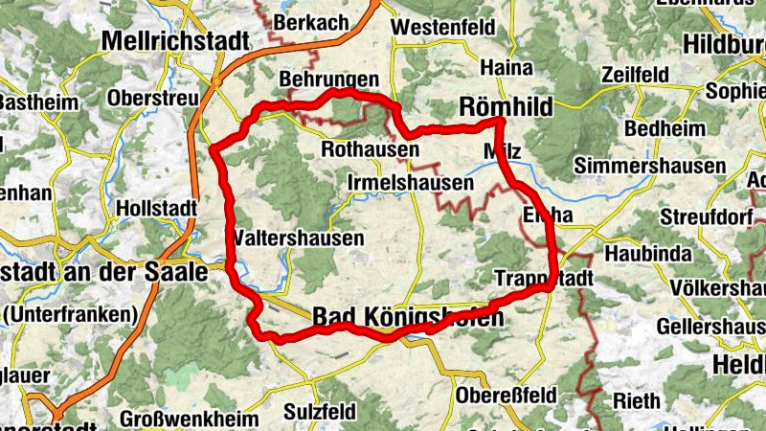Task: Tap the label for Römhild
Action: click(x=506, y=107)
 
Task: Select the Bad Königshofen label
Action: click(x=407, y=317)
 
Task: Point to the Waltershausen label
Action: click(x=297, y=238)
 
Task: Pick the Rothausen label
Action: click(x=370, y=150)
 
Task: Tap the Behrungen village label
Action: click(x=328, y=79)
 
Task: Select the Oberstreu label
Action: click(x=153, y=97)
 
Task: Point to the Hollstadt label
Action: click(x=155, y=207)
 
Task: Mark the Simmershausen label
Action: click(x=650, y=166)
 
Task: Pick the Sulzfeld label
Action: click(x=320, y=412)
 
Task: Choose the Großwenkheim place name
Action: click(x=190, y=420)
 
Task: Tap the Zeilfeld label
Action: click(x=637, y=74)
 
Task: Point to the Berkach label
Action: click(x=311, y=21)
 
